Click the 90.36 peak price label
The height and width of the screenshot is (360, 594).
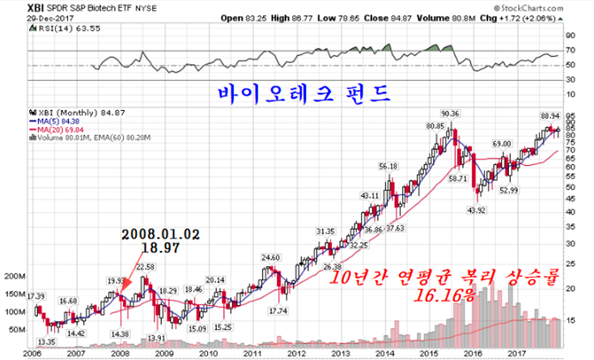(x=451, y=112)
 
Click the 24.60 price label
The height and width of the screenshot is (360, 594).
(x=270, y=258)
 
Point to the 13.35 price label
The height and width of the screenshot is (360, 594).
(x=45, y=341)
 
